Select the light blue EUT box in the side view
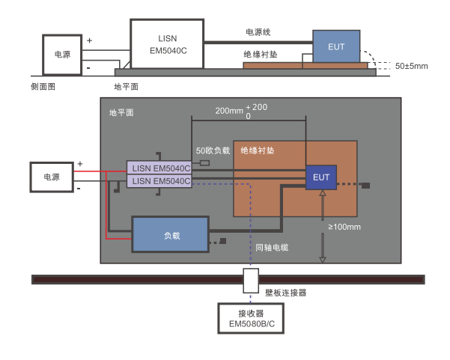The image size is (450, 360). tap(336, 46)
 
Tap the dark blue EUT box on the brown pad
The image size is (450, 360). tap(321, 177)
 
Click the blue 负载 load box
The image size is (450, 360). tap(170, 234)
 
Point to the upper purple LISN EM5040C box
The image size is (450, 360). tap(159, 168)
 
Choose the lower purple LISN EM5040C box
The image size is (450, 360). tap(159, 181)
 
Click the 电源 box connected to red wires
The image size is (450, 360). tap(52, 177)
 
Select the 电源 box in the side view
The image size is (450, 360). tap(63, 55)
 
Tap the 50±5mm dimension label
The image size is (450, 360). tap(411, 67)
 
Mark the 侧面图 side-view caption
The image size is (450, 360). tap(43, 87)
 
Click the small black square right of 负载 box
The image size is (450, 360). tap(223, 242)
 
